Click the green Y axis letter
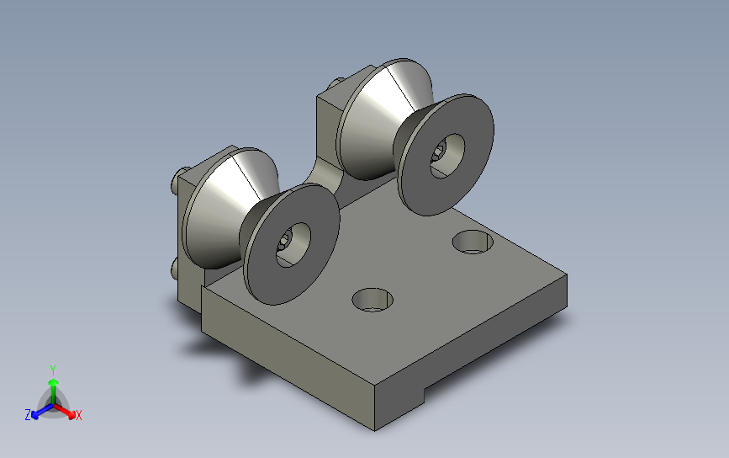click(53, 370)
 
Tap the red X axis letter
click(78, 415)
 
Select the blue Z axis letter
click(28, 415)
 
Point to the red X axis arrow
click(64, 410)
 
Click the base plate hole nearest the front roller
click(372, 300)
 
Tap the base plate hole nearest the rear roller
click(473, 242)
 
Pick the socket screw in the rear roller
click(438, 152)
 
